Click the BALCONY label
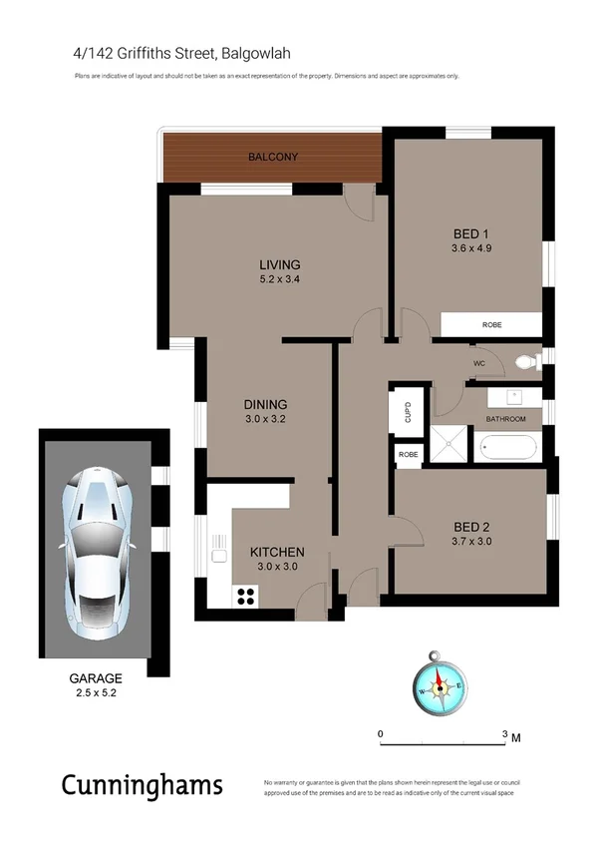[273, 158]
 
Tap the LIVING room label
[279, 264]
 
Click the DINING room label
[265, 404]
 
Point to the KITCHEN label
[276, 552]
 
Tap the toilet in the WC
[522, 363]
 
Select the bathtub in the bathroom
[509, 447]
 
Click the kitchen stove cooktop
[243, 596]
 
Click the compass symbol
[438, 685]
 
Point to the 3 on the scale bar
[504, 733]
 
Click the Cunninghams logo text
[142, 786]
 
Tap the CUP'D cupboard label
[407, 411]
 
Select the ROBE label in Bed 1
[492, 325]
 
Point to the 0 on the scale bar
[381, 733]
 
